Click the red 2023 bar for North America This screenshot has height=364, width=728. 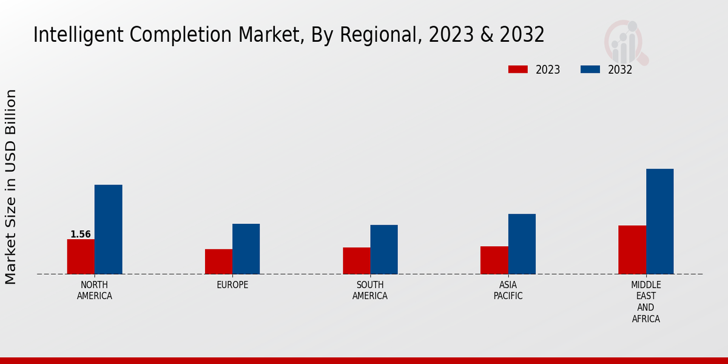pyautogui.click(x=81, y=257)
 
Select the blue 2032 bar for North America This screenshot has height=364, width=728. pyautogui.click(x=108, y=229)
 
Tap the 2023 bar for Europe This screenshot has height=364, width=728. pyautogui.click(x=218, y=261)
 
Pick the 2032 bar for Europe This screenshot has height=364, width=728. pyautogui.click(x=246, y=249)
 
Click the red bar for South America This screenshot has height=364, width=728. pyautogui.click(x=356, y=261)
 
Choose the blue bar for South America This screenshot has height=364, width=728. pyautogui.click(x=384, y=249)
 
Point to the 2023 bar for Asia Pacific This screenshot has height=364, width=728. pyautogui.click(x=494, y=260)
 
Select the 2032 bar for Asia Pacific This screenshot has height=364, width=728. pyautogui.click(x=522, y=244)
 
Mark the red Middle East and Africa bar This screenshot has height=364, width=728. pyautogui.click(x=632, y=250)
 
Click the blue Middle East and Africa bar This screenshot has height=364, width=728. pyautogui.click(x=659, y=221)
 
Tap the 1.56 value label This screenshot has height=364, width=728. pyautogui.click(x=81, y=234)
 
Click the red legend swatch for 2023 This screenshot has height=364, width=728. pyautogui.click(x=517, y=69)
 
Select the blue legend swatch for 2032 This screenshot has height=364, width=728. pyautogui.click(x=590, y=69)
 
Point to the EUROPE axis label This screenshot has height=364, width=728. pyautogui.click(x=232, y=285)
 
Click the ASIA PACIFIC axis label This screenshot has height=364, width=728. pyautogui.click(x=508, y=291)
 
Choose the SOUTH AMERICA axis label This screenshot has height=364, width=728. pyautogui.click(x=370, y=291)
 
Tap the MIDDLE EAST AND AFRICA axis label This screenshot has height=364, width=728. pyautogui.click(x=645, y=302)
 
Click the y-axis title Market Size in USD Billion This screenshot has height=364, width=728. pyautogui.click(x=11, y=186)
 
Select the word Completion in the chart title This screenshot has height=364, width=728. pyautogui.click(x=162, y=36)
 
